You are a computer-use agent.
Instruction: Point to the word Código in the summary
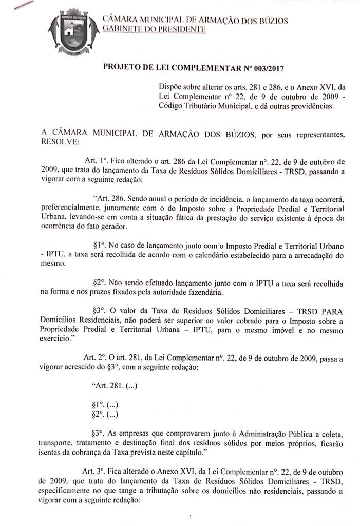(x=173, y=107)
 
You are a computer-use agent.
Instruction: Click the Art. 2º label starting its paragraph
(x=91, y=358)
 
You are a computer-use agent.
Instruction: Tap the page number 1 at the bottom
(x=190, y=516)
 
